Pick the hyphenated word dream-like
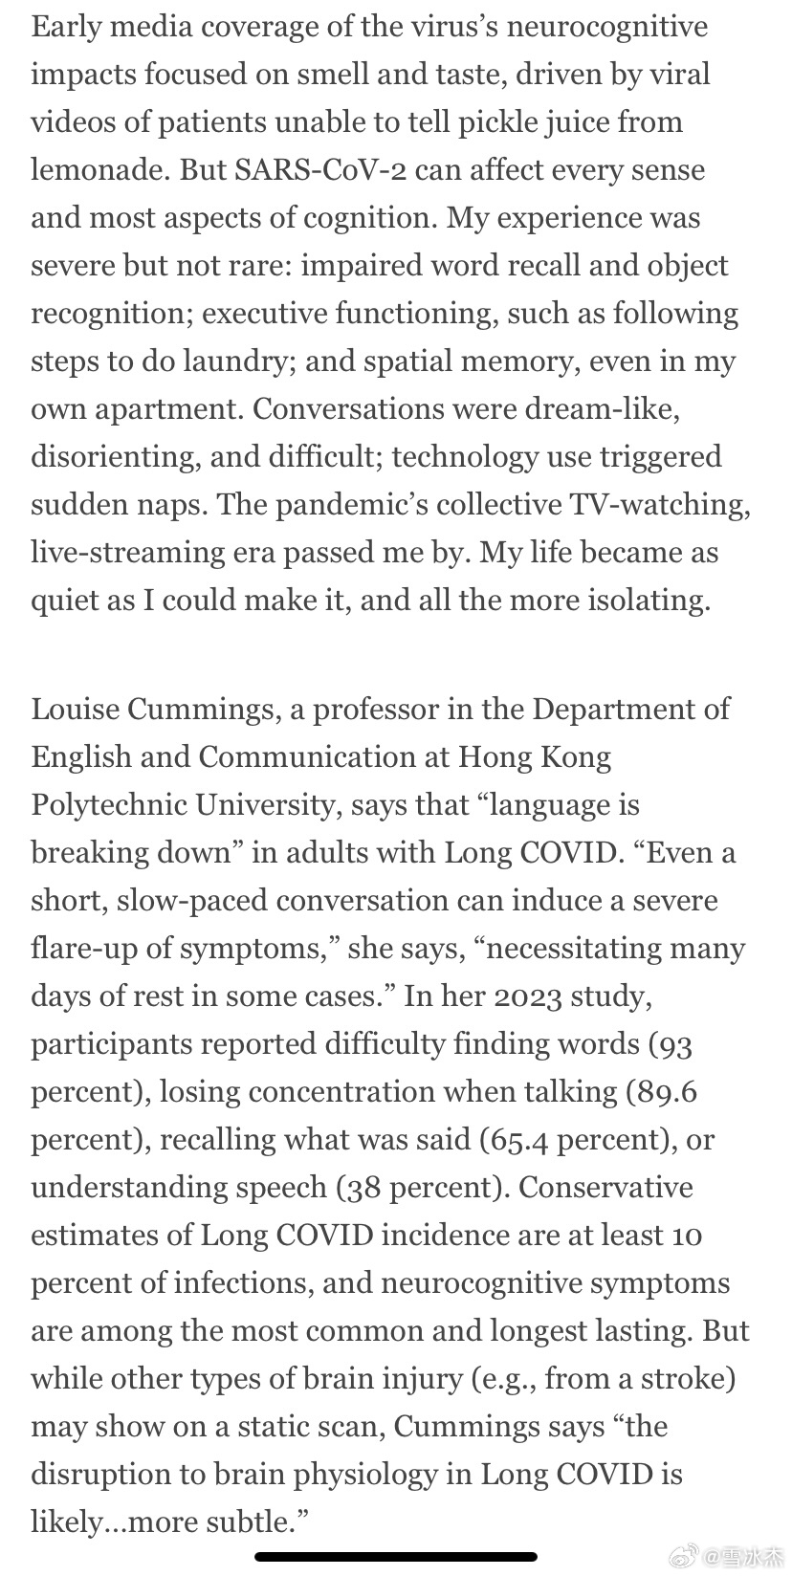click(x=603, y=409)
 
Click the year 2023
click(x=528, y=996)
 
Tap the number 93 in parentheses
click(x=673, y=1044)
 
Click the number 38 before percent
click(x=360, y=1188)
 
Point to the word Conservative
click(x=605, y=1188)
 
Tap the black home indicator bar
click(x=396, y=1557)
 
